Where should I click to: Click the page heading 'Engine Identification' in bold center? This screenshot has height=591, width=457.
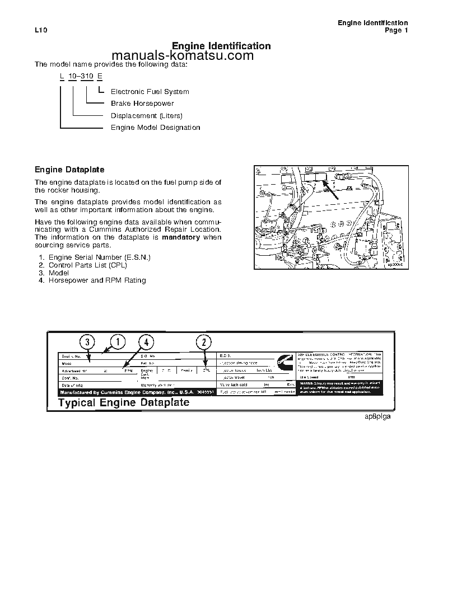221,46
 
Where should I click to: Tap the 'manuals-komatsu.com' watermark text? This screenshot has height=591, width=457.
183,56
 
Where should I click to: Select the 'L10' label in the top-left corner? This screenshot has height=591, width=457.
40,31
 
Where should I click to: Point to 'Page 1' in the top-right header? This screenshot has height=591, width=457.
396,31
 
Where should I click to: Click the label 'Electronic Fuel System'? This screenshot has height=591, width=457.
150,92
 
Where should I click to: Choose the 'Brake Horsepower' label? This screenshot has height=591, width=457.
142,104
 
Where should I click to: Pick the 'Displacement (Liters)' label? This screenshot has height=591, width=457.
146,116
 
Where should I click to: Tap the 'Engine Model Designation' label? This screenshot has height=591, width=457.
155,128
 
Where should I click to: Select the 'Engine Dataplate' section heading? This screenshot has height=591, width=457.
69,170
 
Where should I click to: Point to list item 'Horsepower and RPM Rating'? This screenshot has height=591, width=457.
97,280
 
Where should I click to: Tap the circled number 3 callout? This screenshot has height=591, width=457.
87,342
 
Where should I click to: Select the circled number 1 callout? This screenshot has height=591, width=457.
117,341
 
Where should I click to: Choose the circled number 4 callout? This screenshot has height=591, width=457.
146,342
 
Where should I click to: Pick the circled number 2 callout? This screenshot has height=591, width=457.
204,342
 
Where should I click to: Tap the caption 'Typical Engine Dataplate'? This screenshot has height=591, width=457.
124,402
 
